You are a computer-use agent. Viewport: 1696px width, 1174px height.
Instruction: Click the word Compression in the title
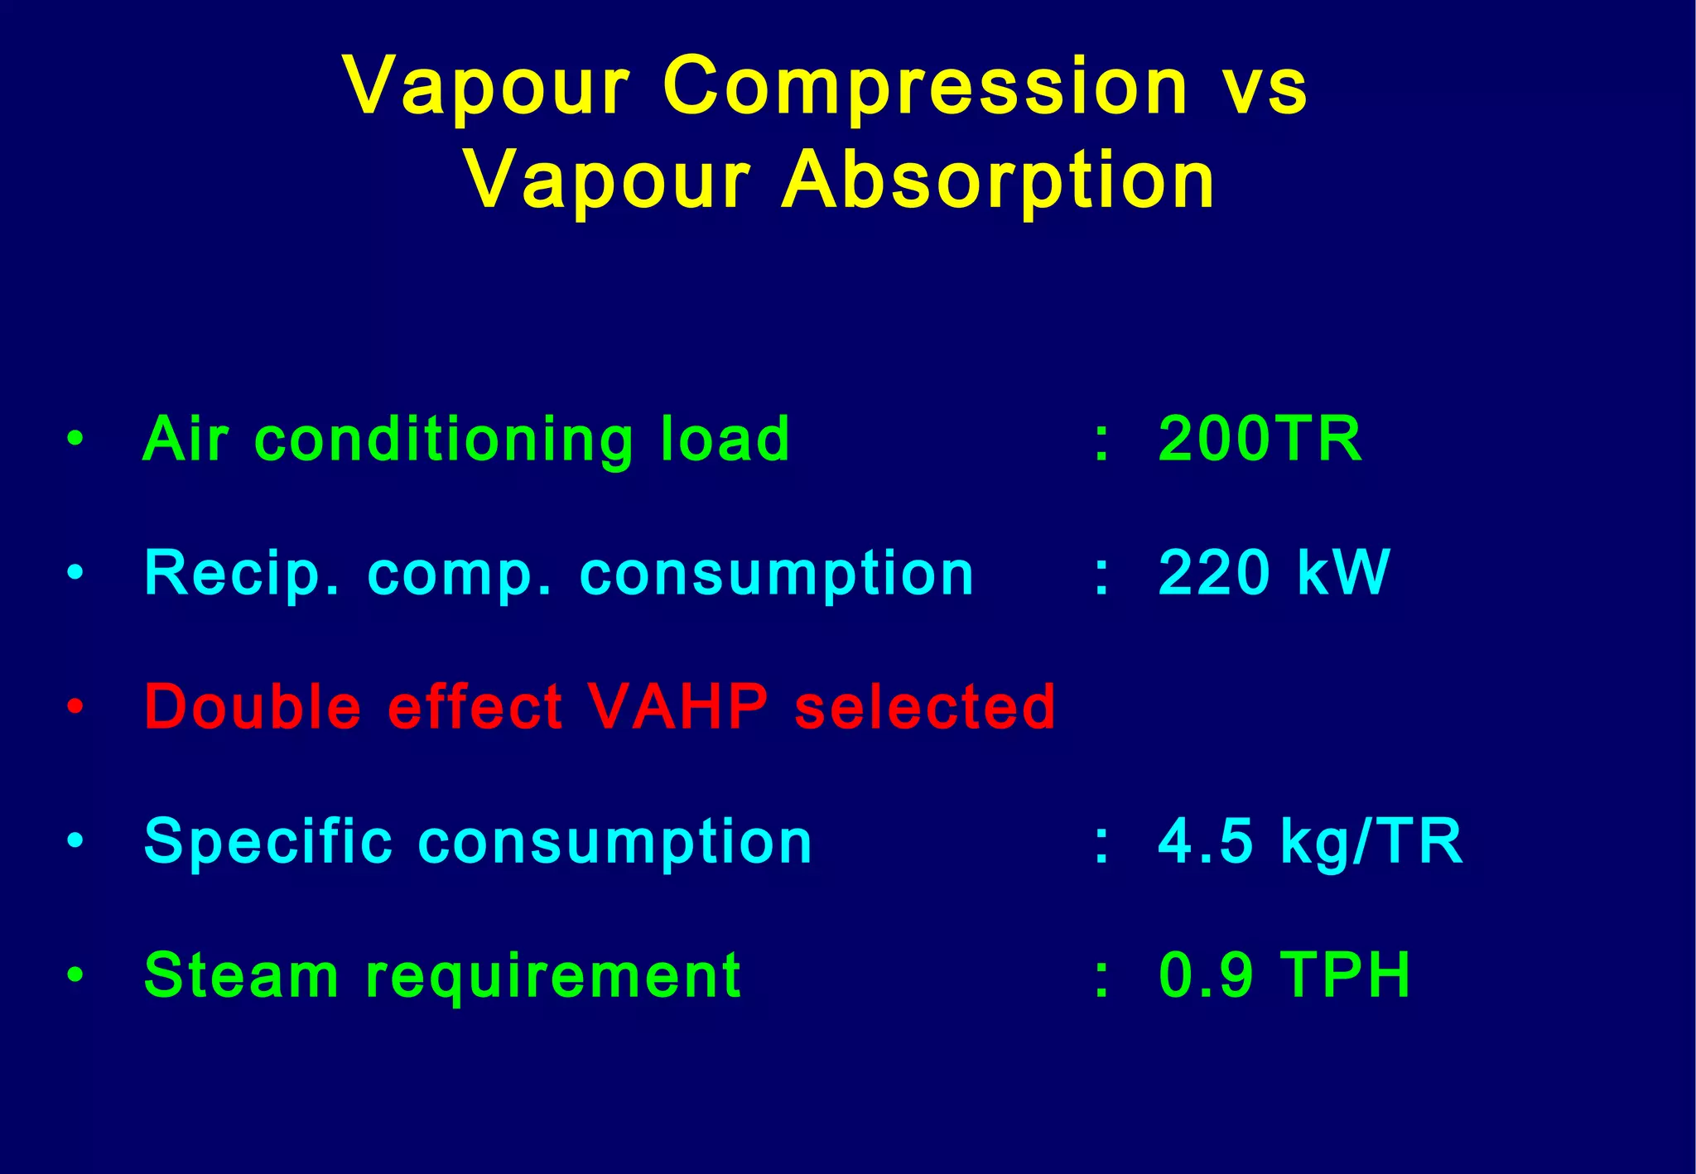click(925, 88)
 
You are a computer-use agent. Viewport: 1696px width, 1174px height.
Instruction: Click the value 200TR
click(1260, 439)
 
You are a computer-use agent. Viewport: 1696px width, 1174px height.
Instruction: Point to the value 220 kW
click(1274, 573)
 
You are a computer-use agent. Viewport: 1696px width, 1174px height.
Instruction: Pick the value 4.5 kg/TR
click(1310, 841)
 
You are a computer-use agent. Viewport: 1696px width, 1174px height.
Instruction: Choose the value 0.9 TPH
click(1284, 975)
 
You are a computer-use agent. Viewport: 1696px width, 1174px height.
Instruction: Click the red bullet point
click(75, 707)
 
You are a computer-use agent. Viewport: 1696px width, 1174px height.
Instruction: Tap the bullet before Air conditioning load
click(75, 439)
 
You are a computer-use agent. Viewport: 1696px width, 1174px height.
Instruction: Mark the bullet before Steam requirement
click(75, 975)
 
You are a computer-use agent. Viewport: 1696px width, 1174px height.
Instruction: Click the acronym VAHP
click(677, 707)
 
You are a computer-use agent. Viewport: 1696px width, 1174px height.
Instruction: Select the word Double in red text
click(253, 707)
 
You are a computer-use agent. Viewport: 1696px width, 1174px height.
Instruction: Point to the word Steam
click(241, 975)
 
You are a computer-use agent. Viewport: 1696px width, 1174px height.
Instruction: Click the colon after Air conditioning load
click(1101, 440)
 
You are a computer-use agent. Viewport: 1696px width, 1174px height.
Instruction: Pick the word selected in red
click(925, 707)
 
